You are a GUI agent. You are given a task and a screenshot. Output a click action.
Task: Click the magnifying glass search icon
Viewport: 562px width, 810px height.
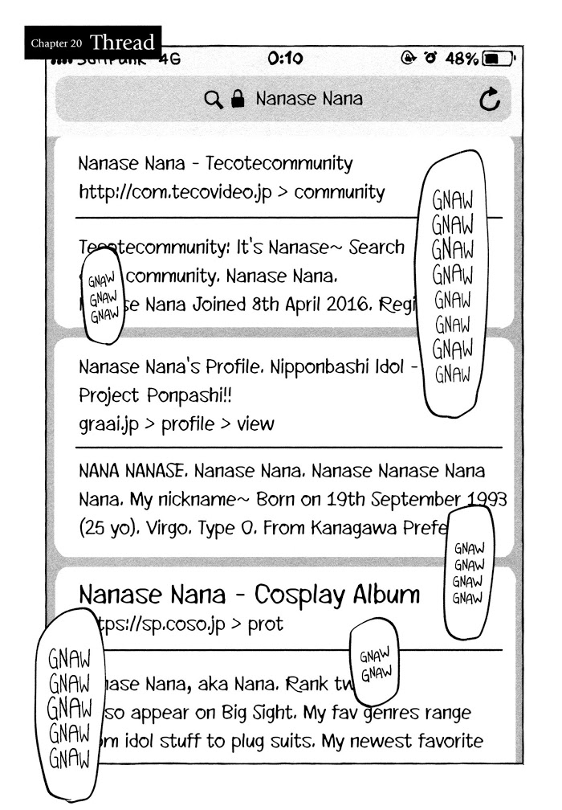tap(213, 99)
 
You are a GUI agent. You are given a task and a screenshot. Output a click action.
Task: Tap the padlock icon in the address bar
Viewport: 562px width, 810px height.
tap(237, 99)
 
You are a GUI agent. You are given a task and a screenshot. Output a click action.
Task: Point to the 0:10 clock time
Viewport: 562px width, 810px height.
tap(285, 58)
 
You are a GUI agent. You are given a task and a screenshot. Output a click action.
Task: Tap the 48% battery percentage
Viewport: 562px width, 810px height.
tap(462, 59)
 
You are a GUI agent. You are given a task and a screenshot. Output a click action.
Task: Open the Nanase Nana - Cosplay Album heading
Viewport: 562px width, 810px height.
tap(249, 595)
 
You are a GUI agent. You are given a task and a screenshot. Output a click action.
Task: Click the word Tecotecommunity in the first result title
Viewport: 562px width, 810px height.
tap(279, 163)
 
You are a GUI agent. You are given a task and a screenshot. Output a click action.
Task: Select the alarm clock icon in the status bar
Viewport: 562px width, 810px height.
tap(431, 59)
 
